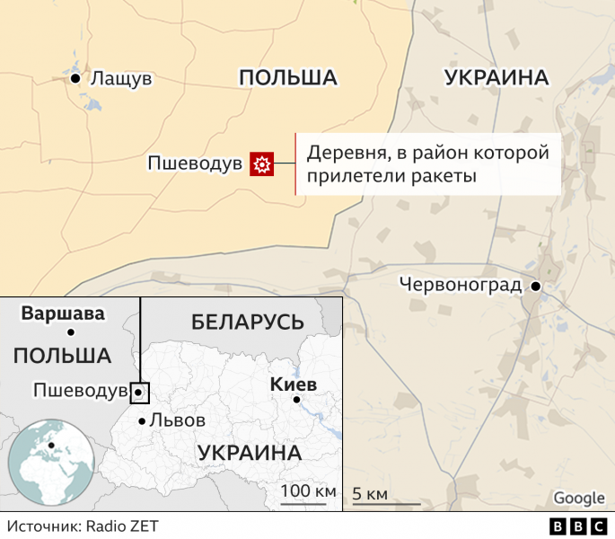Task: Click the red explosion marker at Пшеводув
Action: (x=261, y=163)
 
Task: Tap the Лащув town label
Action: (x=121, y=79)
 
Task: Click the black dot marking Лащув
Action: (x=75, y=78)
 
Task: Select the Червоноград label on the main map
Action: (x=461, y=286)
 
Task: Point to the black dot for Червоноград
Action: (x=536, y=287)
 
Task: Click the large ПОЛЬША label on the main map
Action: (x=287, y=78)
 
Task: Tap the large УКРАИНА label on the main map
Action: (x=496, y=78)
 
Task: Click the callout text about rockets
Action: (x=427, y=163)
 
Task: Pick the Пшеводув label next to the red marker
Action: (x=195, y=163)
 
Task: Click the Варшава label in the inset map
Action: (x=63, y=314)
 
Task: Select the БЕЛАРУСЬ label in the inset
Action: (x=248, y=321)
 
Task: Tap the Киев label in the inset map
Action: (x=293, y=384)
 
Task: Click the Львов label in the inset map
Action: (x=177, y=420)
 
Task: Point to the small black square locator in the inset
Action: (x=139, y=393)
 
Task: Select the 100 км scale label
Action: (x=308, y=491)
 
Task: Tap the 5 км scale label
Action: (x=370, y=494)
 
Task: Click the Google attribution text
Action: (x=579, y=499)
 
